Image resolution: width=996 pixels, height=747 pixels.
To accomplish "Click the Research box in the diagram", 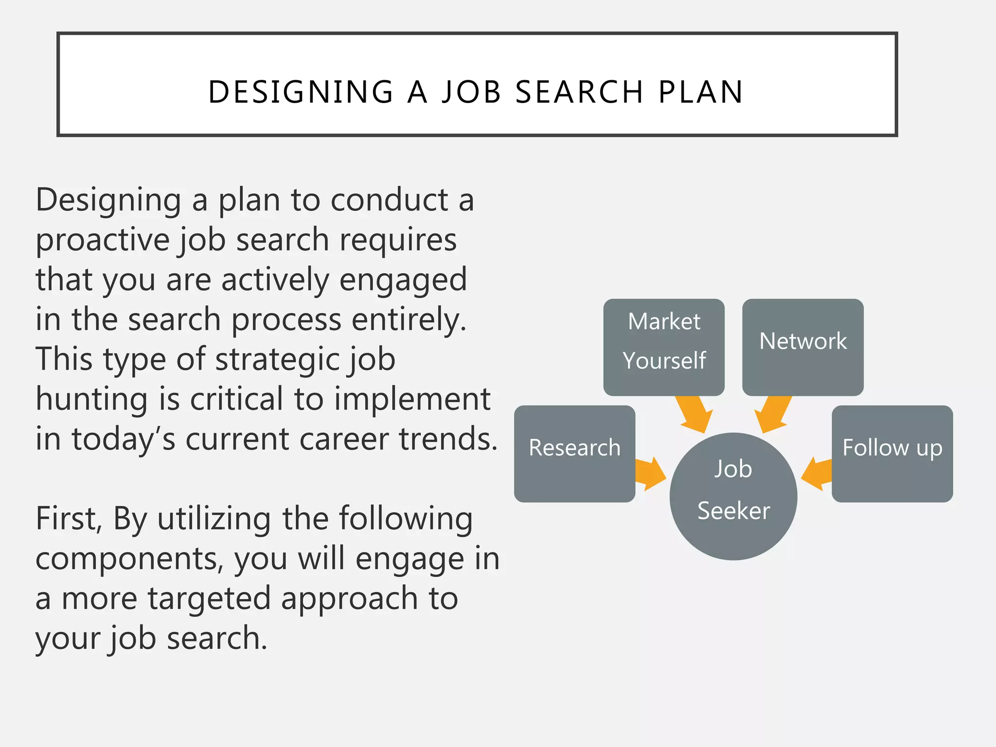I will tap(574, 453).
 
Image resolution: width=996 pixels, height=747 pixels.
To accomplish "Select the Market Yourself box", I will tap(664, 347).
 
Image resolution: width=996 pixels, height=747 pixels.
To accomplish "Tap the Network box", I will tap(802, 347).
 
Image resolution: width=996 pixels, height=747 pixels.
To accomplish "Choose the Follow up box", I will tap(892, 453).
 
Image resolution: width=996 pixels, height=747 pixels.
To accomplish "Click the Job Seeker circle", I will tap(733, 496).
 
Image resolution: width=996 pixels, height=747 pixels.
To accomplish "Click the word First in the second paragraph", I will tap(67, 518).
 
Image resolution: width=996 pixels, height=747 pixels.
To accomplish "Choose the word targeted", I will tap(209, 599).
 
